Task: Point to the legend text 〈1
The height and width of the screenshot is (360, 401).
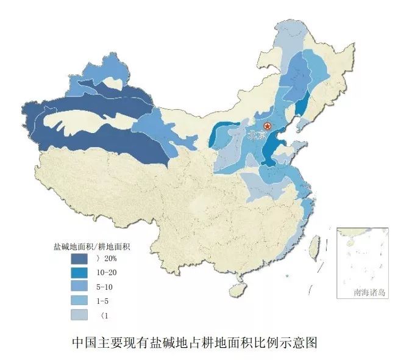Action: pyautogui.click(x=103, y=315)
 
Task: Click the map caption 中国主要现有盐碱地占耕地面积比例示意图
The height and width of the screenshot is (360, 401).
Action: pyautogui.click(x=194, y=342)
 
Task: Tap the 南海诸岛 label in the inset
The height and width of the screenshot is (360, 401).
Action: pyautogui.click(x=369, y=292)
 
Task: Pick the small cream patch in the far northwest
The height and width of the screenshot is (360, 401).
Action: pyautogui.click(x=113, y=81)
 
